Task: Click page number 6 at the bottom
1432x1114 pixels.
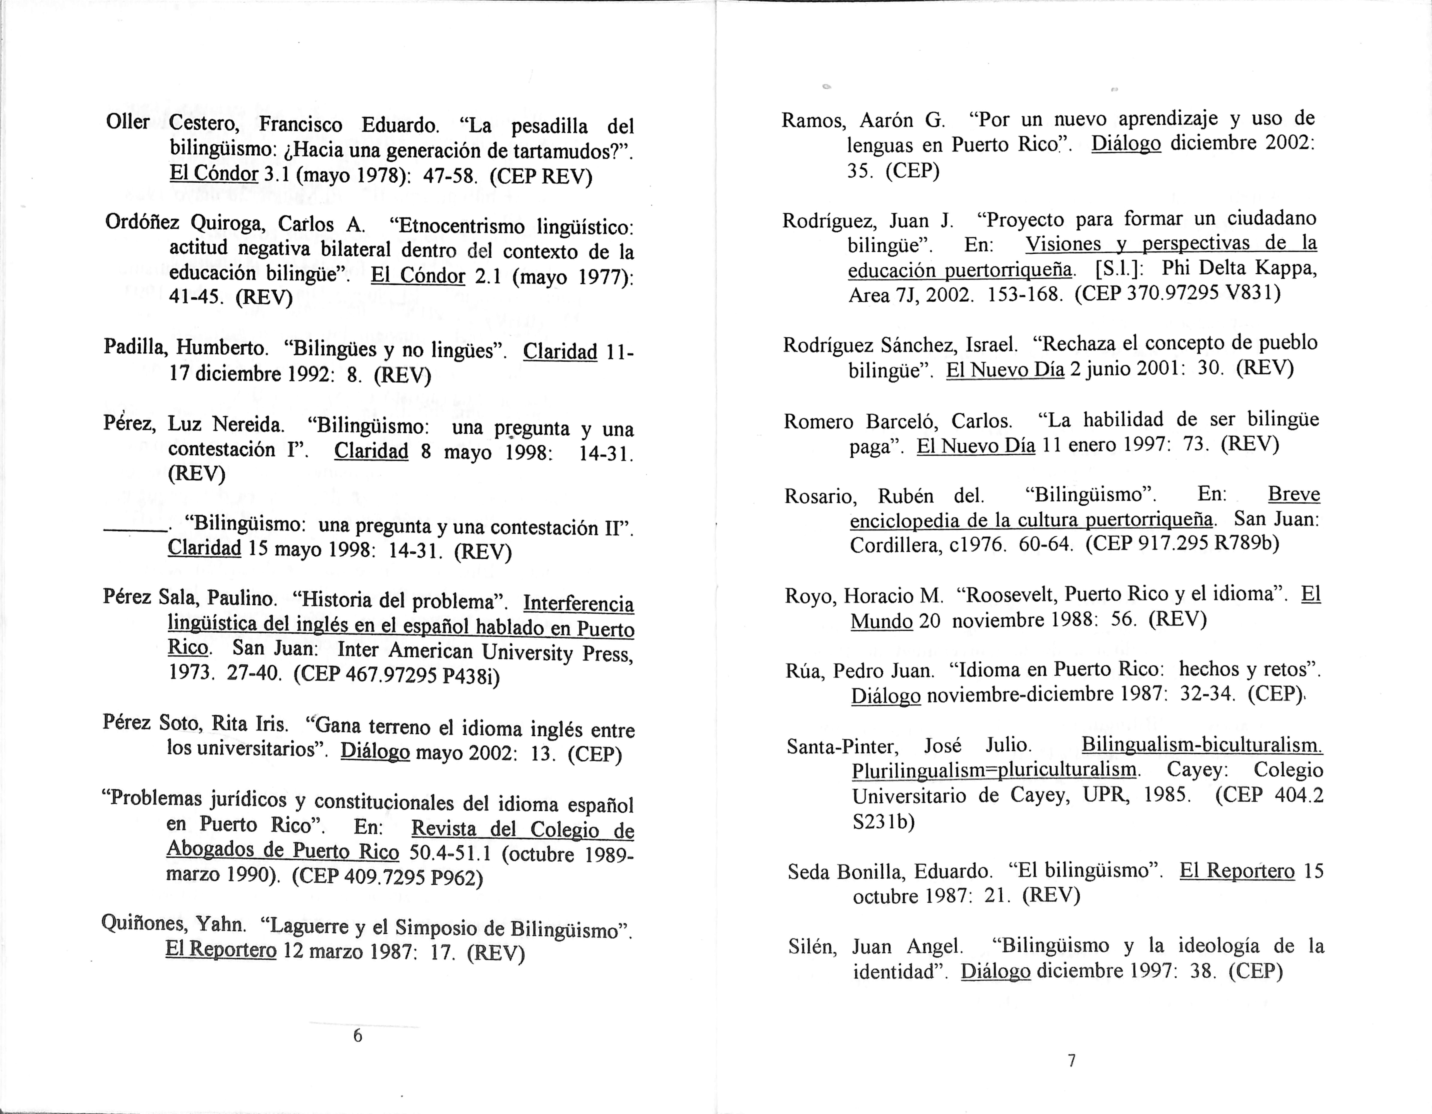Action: (x=357, y=1035)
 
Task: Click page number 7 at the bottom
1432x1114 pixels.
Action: (x=1071, y=1060)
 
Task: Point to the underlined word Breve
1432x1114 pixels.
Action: (x=1293, y=494)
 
